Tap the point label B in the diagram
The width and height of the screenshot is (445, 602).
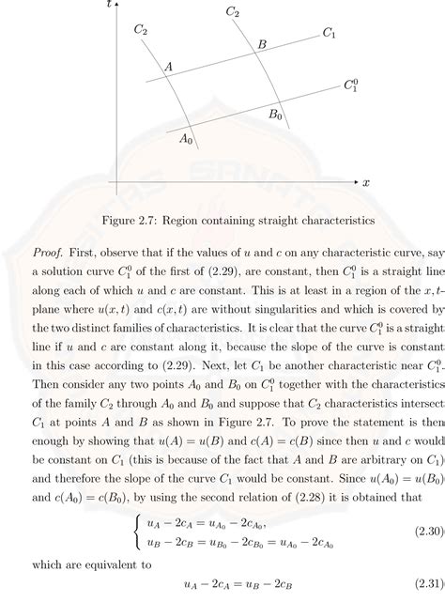coord(262,44)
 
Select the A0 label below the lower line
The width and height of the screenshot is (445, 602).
coord(186,139)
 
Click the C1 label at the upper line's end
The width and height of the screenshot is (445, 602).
coord(329,34)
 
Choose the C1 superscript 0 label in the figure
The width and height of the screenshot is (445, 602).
coord(350,86)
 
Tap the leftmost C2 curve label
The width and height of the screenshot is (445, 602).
coord(141,30)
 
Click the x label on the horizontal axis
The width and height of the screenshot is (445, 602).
coord(366,181)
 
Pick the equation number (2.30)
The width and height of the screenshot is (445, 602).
coord(422,531)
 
